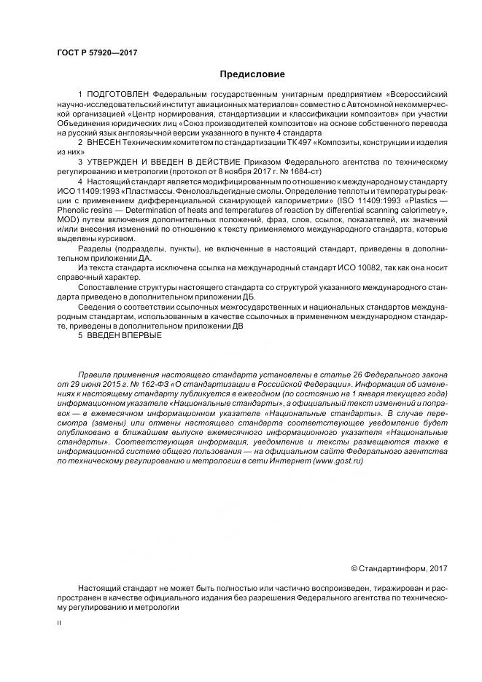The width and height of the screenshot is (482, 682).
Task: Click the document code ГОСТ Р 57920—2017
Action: coord(97,53)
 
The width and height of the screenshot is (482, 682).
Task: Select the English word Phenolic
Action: coord(76,211)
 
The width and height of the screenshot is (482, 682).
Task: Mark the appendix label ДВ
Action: coord(234,326)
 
